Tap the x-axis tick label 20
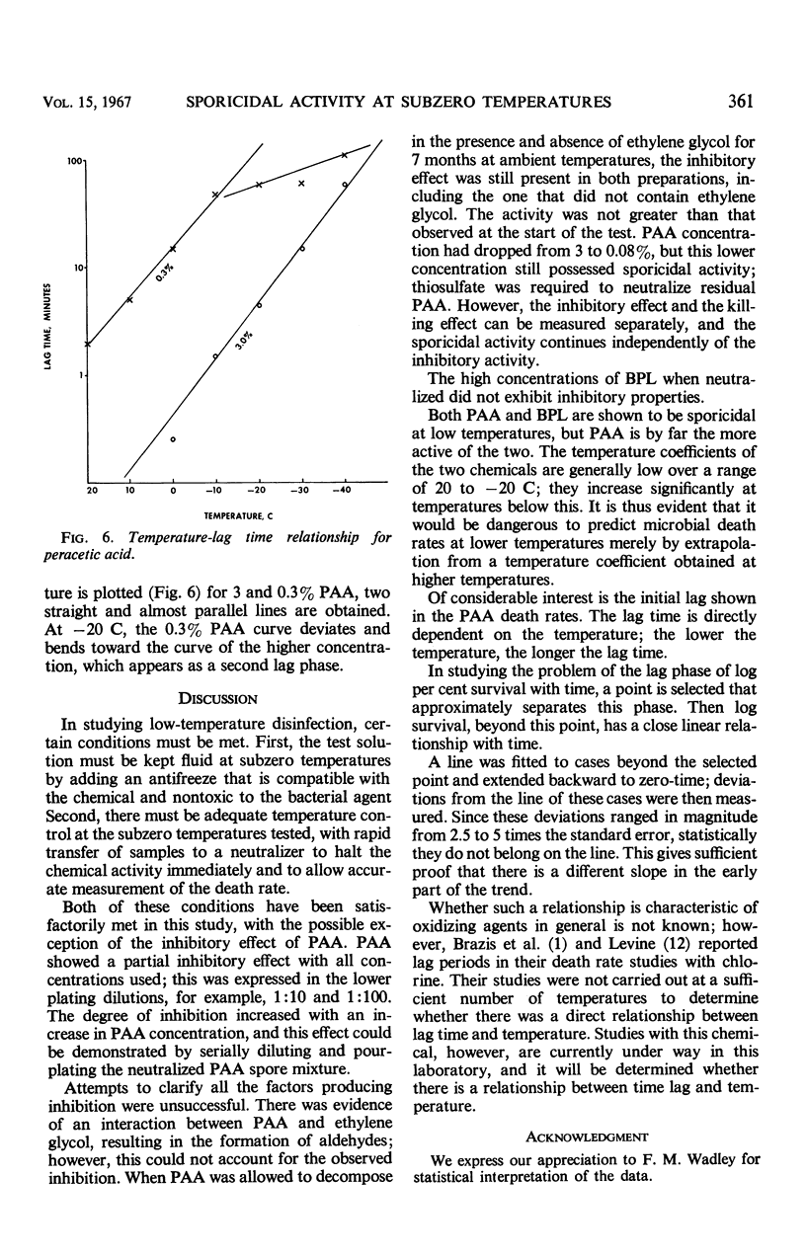point(91,491)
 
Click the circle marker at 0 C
point(173,438)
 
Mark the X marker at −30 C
point(302,184)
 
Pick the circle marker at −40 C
point(345,185)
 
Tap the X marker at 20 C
point(89,345)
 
